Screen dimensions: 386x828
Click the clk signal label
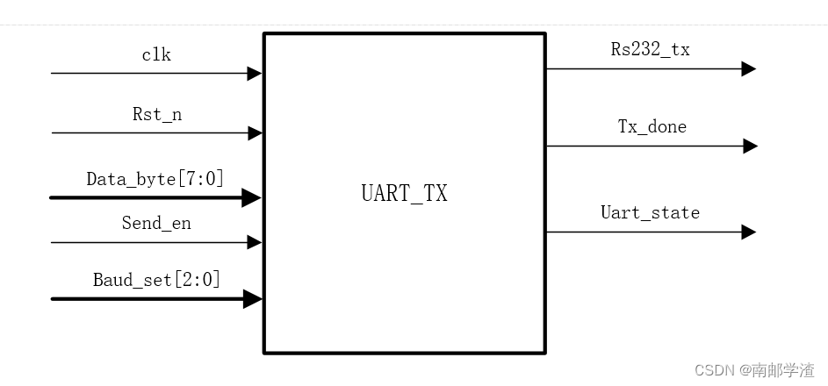pyautogui.click(x=156, y=55)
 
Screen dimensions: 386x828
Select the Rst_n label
pyautogui.click(x=157, y=114)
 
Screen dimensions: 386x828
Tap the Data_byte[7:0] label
pyautogui.click(x=155, y=179)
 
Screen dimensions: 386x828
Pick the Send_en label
pyautogui.click(x=156, y=223)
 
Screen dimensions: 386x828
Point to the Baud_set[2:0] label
pyautogui.click(x=156, y=280)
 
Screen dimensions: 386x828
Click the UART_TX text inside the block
pyautogui.click(x=404, y=193)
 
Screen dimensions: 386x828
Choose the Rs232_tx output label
pyautogui.click(x=651, y=49)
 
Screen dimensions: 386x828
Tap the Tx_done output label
pyautogui.click(x=652, y=126)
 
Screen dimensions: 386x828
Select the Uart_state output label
pyautogui.click(x=650, y=212)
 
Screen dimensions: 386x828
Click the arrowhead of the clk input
pyautogui.click(x=255, y=74)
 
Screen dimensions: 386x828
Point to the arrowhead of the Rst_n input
pyautogui.click(x=255, y=133)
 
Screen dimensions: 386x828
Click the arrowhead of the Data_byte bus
pyautogui.click(x=253, y=198)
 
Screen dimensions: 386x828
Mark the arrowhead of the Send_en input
pyautogui.click(x=255, y=242)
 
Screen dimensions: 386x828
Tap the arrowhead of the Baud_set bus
pyautogui.click(x=253, y=299)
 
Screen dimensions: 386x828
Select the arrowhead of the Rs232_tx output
pyautogui.click(x=748, y=68)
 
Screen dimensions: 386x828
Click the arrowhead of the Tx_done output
pyautogui.click(x=750, y=146)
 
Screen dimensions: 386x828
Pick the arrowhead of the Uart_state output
pyautogui.click(x=748, y=232)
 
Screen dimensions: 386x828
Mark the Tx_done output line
pyautogui.click(x=641, y=146)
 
